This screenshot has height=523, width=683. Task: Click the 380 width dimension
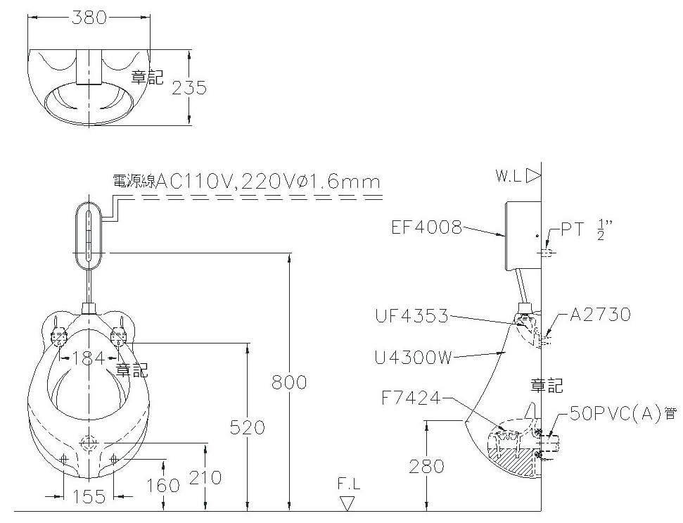(x=89, y=18)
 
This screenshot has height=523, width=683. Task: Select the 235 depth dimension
(x=189, y=87)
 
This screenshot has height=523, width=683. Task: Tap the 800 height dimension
(x=289, y=382)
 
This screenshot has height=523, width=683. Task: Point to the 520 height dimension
(x=248, y=427)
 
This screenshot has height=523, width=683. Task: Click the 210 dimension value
(x=205, y=478)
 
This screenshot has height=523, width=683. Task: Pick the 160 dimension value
(x=163, y=486)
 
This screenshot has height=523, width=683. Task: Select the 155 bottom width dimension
(x=89, y=496)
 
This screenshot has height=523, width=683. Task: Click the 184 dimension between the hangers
(x=89, y=358)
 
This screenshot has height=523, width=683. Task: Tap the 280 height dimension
(x=426, y=467)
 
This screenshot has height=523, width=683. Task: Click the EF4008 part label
(x=426, y=227)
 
